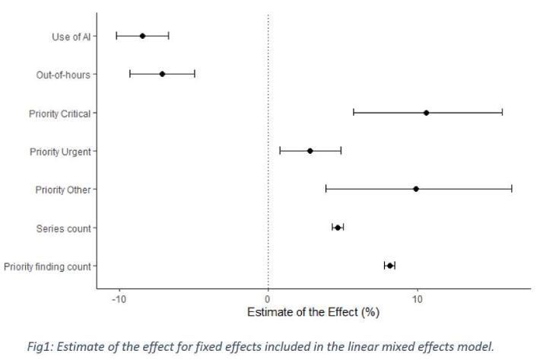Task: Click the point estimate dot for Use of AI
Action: tap(142, 36)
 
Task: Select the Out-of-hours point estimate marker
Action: tap(162, 74)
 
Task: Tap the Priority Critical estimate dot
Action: tap(426, 113)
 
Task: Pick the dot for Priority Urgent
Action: tap(310, 151)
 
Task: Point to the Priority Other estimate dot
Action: tap(415, 189)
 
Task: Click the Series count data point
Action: tap(338, 227)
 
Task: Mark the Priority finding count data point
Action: tap(389, 265)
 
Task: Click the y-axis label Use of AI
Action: tap(71, 37)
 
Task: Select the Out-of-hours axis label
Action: tap(63, 75)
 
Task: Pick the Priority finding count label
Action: tap(47, 266)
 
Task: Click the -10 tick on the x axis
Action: tap(119, 298)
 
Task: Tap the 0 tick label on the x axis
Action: tap(268, 298)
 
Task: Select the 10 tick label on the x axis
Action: tap(417, 298)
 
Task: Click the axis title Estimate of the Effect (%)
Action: tap(313, 311)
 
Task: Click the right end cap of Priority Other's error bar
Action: tap(512, 189)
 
